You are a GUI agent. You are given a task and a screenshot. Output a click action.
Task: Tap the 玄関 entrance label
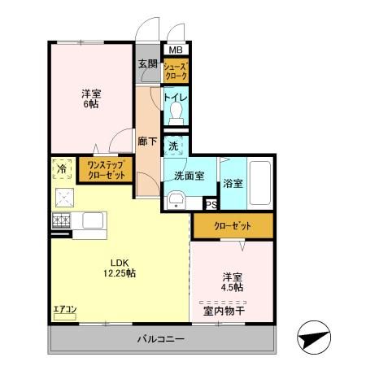point(146,64)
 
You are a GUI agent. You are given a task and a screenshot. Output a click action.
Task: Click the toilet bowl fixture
point(176,116)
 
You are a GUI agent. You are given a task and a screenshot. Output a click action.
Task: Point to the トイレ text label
point(176,98)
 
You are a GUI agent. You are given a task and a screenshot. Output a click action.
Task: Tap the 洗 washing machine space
point(173,146)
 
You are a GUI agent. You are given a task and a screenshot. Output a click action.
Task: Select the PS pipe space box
point(211,205)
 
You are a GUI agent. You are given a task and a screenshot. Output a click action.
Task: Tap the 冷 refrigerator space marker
point(63,168)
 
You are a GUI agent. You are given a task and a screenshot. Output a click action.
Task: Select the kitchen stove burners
point(62,220)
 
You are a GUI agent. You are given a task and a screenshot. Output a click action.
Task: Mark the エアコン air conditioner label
point(64,309)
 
